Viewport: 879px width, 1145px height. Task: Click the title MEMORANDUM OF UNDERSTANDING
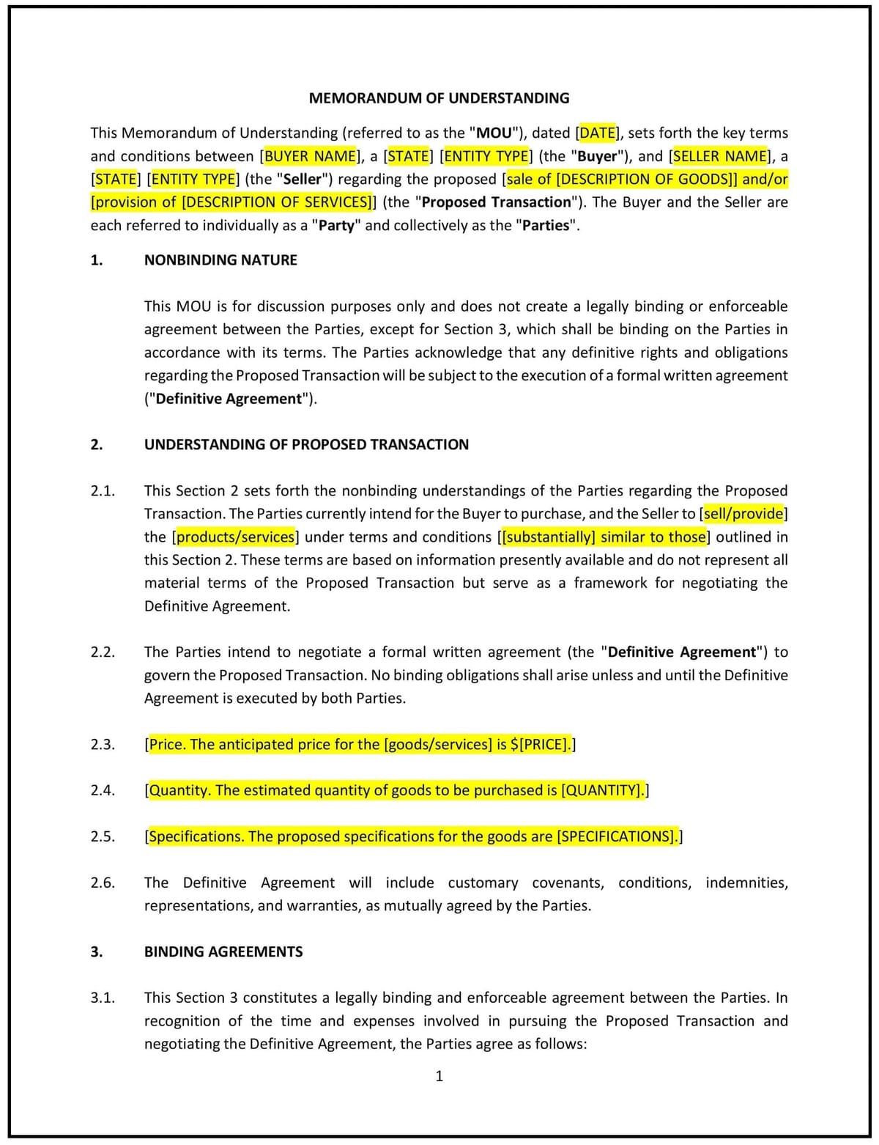pyautogui.click(x=439, y=98)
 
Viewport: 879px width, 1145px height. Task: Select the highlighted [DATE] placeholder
pyautogui.click(x=597, y=133)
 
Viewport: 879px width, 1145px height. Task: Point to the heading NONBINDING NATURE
pyautogui.click(x=220, y=260)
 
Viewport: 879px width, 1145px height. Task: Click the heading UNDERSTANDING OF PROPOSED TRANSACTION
pyautogui.click(x=306, y=444)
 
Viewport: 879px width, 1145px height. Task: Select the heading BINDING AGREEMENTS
pyautogui.click(x=223, y=951)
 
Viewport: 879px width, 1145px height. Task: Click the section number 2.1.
pyautogui.click(x=103, y=491)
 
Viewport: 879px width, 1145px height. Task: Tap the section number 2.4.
pyautogui.click(x=103, y=790)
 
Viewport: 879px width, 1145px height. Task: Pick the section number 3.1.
pyautogui.click(x=103, y=998)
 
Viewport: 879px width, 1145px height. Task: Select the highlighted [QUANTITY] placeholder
pyautogui.click(x=603, y=790)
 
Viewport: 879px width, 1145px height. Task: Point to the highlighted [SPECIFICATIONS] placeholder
pyautogui.click(x=617, y=836)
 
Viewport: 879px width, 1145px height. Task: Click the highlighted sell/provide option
pyautogui.click(x=743, y=514)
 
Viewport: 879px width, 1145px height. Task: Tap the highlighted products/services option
pyautogui.click(x=235, y=537)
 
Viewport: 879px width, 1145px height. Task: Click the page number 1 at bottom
pyautogui.click(x=439, y=1076)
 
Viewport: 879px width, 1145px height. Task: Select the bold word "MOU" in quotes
pyautogui.click(x=494, y=133)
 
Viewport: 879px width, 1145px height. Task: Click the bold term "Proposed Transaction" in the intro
pyautogui.click(x=496, y=202)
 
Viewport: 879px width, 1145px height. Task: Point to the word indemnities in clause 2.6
pyautogui.click(x=746, y=883)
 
